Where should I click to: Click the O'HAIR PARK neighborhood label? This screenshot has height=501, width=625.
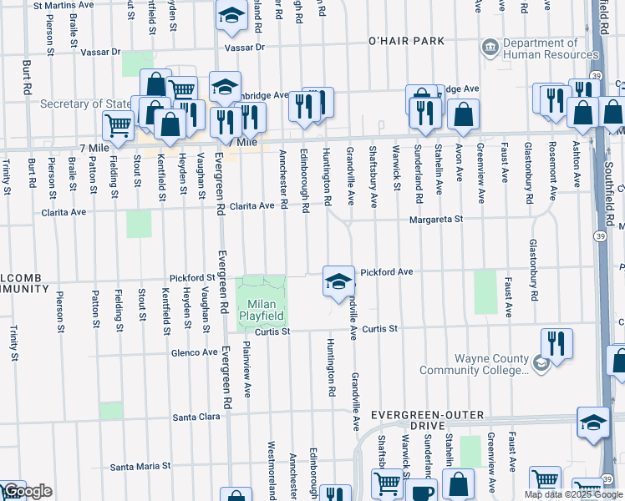click(406, 41)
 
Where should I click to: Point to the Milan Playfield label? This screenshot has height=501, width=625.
click(262, 309)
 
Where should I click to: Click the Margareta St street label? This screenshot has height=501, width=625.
click(435, 220)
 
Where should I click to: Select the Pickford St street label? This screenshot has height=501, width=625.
click(192, 277)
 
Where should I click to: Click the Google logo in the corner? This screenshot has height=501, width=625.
click(28, 492)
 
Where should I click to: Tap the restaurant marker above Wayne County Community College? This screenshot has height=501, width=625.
click(556, 343)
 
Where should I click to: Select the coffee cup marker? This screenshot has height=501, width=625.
click(423, 490)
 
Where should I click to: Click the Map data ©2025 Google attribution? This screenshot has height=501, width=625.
click(574, 494)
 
